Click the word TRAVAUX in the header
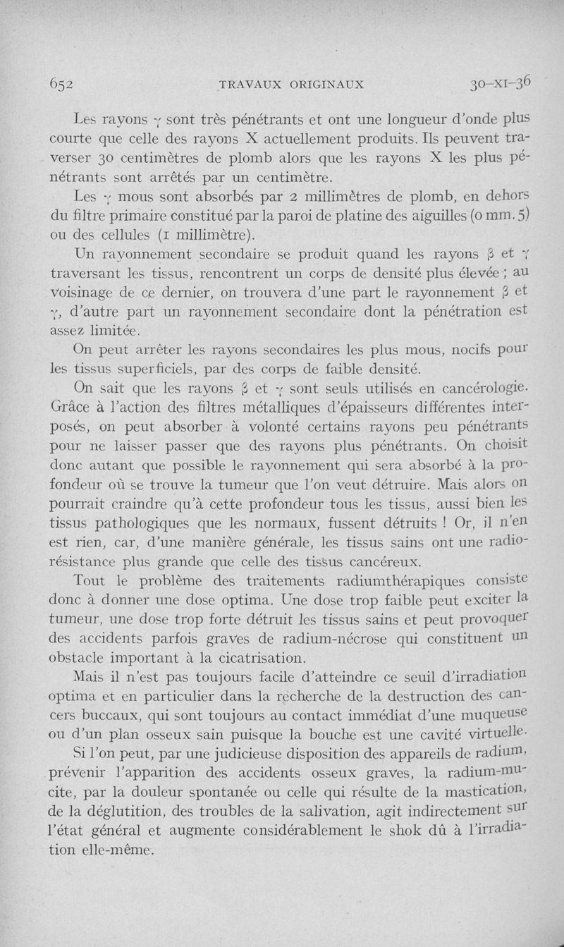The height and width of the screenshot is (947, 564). [250, 84]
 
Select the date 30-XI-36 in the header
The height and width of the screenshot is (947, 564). [502, 83]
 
